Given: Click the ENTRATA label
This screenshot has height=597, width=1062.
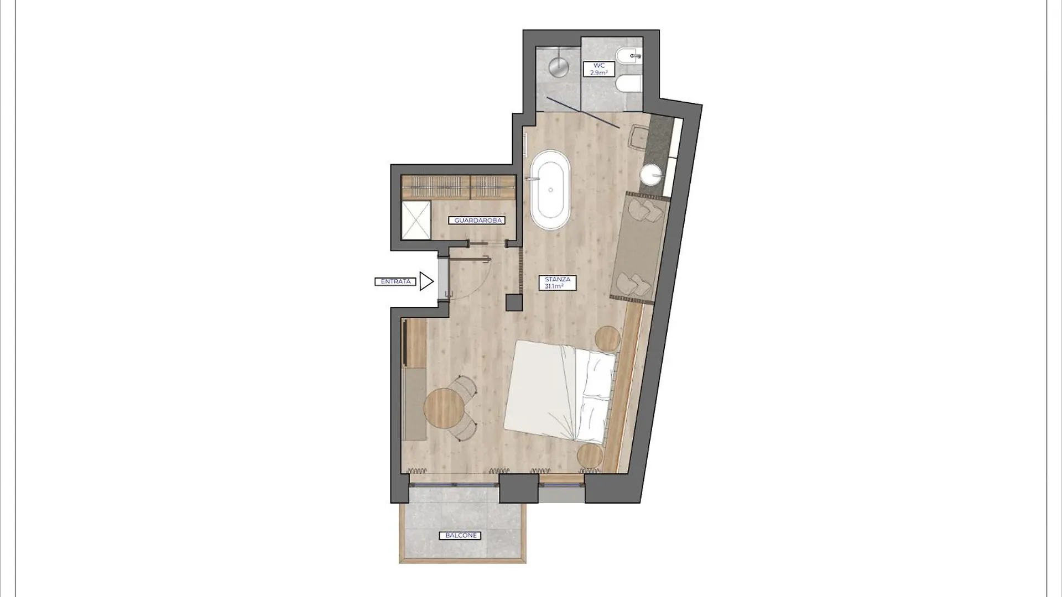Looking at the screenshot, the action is click(x=395, y=281).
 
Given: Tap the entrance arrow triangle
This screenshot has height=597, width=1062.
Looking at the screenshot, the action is click(x=426, y=281).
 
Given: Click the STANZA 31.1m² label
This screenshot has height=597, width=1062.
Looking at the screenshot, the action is click(x=558, y=283).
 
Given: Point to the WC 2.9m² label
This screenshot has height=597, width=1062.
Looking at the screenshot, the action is click(x=599, y=69).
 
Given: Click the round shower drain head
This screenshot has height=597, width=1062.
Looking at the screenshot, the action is click(x=559, y=66).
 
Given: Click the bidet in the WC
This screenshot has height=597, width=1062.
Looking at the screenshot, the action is click(x=628, y=56).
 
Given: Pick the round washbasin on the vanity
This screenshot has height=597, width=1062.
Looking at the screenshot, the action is click(x=652, y=175).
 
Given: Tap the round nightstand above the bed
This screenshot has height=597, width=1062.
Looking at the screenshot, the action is click(x=607, y=338).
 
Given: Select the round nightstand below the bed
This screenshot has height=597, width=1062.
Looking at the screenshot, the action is click(x=590, y=457).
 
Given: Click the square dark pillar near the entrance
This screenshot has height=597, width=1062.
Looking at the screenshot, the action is click(x=514, y=303).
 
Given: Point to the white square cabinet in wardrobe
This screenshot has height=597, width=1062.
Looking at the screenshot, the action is click(x=415, y=220).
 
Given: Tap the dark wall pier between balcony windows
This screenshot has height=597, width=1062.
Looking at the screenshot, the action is click(x=519, y=488).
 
